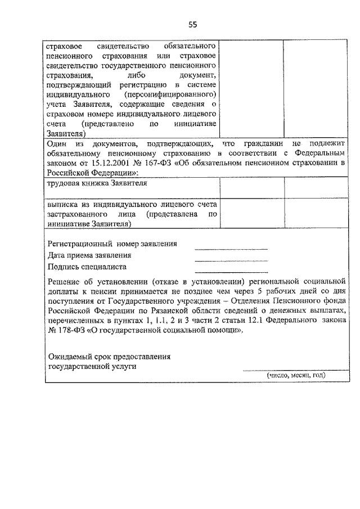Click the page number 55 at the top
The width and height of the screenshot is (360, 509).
[193, 24]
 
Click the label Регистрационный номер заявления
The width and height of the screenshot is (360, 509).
[112, 244]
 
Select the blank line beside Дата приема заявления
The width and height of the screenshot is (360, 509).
[231, 260]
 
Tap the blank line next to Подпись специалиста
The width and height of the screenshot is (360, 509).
[231, 270]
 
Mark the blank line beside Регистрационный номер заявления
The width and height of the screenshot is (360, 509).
[231, 249]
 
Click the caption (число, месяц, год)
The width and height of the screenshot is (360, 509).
[296, 375]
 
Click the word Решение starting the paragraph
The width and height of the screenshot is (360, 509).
[64, 281]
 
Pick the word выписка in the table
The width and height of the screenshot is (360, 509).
[62, 205]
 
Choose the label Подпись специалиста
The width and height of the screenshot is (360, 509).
[87, 267]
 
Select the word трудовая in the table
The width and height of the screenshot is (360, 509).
[65, 183]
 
